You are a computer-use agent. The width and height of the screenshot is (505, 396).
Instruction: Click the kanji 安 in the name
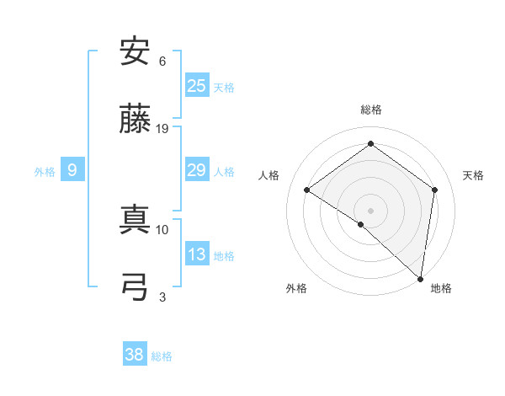coord(135,51)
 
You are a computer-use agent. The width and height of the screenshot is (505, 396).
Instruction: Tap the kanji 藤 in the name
coord(135,120)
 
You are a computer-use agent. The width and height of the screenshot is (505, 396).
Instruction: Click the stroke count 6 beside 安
coord(162,62)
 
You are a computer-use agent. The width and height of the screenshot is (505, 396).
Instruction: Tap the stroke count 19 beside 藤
coord(162,129)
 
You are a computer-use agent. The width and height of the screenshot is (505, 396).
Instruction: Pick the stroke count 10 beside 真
coord(162,228)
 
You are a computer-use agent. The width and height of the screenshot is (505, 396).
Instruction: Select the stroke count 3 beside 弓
coord(162,296)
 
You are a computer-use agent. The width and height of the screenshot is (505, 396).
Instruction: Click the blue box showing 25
coord(197,85)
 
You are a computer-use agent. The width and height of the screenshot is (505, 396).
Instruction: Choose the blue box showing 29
coord(197,170)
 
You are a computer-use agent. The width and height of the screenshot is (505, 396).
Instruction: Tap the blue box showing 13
coord(197,254)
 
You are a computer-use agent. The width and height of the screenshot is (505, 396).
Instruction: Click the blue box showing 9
coord(72,170)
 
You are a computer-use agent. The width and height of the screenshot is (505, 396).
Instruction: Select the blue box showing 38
coord(135,355)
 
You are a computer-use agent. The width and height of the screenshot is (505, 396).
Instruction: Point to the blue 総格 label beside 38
coord(162,356)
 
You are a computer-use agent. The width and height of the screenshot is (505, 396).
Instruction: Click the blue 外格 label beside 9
coord(45,172)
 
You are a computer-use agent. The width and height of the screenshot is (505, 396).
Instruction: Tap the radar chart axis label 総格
coord(370,110)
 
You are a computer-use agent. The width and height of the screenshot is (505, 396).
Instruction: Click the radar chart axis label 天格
coord(473,175)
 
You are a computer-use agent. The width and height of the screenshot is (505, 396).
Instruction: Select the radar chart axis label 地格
coord(441,289)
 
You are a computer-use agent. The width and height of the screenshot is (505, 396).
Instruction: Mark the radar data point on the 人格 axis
coord(306,190)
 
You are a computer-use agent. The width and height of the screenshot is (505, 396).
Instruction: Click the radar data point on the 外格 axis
coord(361,224)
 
